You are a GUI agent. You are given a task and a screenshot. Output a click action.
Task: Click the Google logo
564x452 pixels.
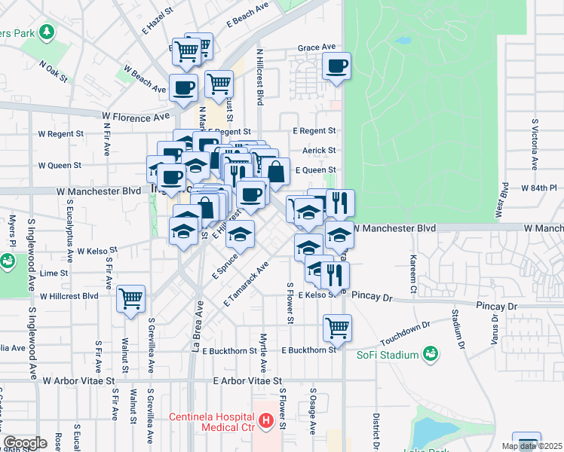[24, 442]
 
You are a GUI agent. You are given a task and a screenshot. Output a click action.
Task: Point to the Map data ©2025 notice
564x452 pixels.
[532, 446]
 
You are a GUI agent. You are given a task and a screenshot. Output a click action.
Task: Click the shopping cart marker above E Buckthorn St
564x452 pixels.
[337, 328]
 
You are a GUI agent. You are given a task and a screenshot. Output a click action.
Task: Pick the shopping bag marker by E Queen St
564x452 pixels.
[277, 172]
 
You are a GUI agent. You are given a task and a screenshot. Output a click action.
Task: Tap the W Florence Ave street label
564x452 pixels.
[136, 117]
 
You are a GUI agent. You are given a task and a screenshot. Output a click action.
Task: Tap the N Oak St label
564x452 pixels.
[54, 73]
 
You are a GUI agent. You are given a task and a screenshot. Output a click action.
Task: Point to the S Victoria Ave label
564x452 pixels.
[535, 143]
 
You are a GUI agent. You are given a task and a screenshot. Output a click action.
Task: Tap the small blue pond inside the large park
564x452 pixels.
[405, 40]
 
